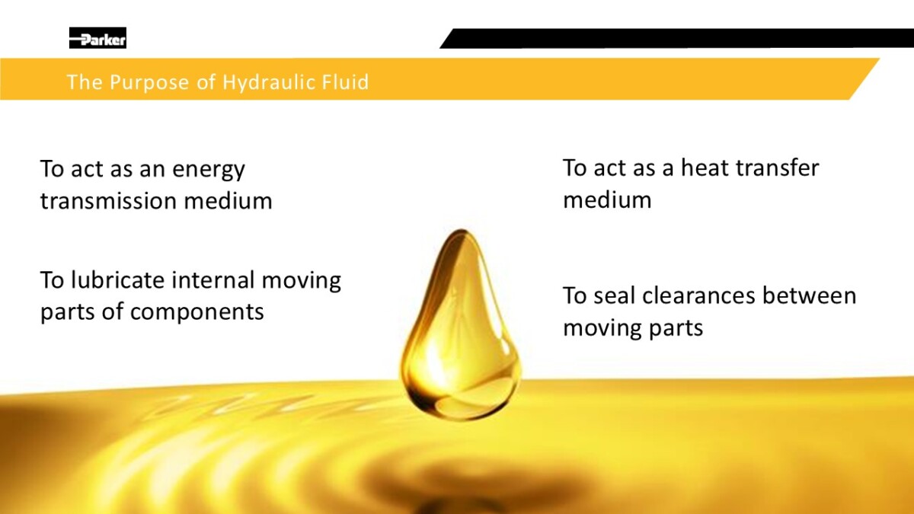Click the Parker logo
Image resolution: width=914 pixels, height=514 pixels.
[97, 38]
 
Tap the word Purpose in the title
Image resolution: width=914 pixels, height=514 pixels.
[149, 83]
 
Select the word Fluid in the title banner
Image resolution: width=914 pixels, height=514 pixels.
[345, 82]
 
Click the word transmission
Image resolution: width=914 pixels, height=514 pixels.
[108, 201]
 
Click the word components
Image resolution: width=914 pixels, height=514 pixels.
[197, 313]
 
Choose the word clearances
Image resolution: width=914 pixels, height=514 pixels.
[698, 295]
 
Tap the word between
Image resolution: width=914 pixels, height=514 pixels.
[809, 295]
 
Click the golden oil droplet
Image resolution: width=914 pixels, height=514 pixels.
[460, 325]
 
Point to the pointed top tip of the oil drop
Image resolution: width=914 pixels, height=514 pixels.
[461, 230]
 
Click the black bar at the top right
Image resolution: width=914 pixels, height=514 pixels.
[677, 38]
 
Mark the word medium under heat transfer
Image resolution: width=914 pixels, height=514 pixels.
[607, 200]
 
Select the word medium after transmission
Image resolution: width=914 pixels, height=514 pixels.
[228, 201]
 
